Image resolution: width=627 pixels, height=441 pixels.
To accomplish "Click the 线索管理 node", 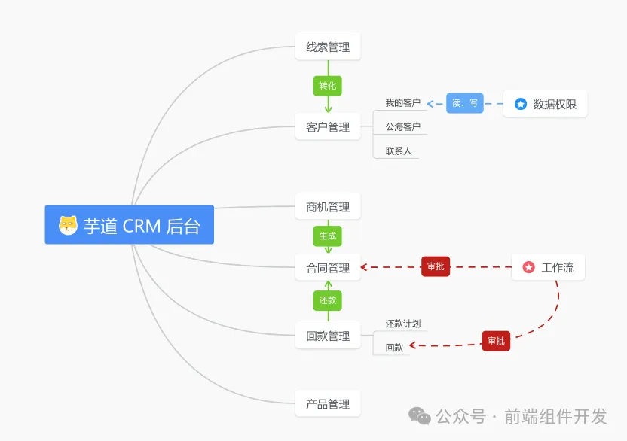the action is [x=328, y=47].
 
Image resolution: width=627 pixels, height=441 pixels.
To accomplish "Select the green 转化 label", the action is [x=328, y=86].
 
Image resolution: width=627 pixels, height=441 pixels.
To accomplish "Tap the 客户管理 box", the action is [x=328, y=126].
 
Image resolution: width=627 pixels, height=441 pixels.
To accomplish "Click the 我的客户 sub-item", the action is [x=402, y=102].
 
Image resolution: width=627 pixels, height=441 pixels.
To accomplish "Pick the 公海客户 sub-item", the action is [x=402, y=126].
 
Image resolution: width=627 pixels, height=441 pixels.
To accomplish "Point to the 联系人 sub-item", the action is [x=398, y=151].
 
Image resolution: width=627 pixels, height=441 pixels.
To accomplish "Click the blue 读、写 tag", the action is [x=465, y=103].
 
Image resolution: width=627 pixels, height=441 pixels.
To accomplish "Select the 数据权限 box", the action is [x=545, y=104].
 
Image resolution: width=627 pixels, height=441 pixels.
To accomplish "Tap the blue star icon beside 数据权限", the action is [x=520, y=104].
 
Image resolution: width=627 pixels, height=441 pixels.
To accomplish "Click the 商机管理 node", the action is [x=328, y=206].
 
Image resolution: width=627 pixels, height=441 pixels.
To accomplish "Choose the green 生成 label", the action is [x=328, y=236].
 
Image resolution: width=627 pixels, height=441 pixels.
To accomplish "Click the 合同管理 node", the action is [x=328, y=267].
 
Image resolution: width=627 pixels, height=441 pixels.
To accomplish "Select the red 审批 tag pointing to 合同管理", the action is [x=436, y=266].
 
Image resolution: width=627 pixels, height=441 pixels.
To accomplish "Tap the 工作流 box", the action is [x=548, y=267].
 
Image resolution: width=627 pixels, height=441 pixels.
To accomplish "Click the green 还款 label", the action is [x=328, y=300].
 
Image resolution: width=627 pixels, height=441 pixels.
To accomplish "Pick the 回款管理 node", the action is [x=328, y=336].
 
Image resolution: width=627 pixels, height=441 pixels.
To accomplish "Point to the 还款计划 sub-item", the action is [x=402, y=324].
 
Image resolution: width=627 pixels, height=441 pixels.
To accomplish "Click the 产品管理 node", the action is [x=328, y=404].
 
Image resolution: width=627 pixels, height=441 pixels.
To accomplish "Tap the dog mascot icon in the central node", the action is [x=68, y=225].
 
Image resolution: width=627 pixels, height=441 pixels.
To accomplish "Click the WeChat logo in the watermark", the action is [x=420, y=416].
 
